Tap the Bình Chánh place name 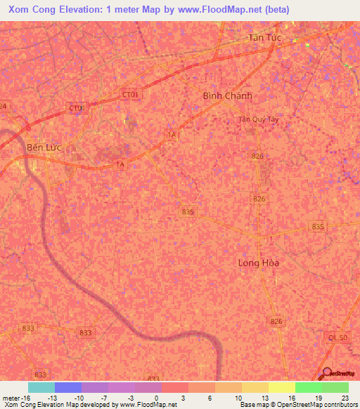226,96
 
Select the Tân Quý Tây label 254,119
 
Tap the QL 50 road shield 337,338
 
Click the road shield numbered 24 4,106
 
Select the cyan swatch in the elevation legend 41,387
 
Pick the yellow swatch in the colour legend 281,387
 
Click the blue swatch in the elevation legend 67,387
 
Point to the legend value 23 344,397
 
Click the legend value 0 155,397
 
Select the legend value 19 317,397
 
